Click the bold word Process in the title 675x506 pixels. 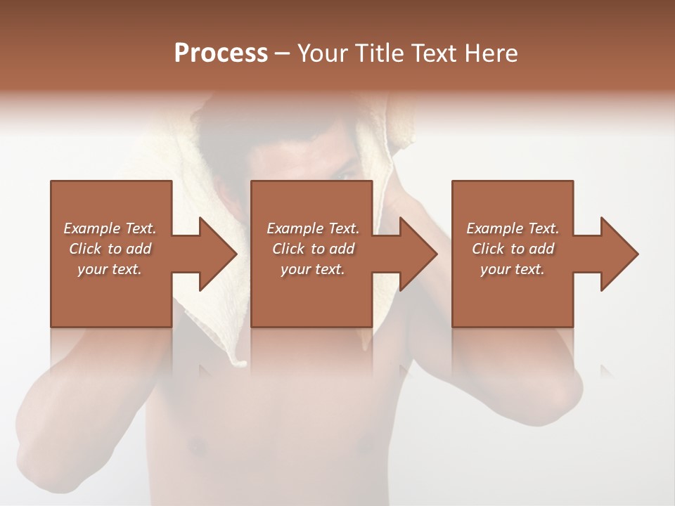pos(221,53)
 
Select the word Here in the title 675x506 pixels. pos(489,53)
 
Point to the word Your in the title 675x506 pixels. pos(321,53)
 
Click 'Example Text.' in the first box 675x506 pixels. pos(110,228)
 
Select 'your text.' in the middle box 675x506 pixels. pos(312,269)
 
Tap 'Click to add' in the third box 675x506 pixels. pos(513,249)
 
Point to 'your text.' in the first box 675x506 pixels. pos(110,269)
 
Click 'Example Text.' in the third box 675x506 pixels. pos(513,228)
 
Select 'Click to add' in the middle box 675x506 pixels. pos(312,249)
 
